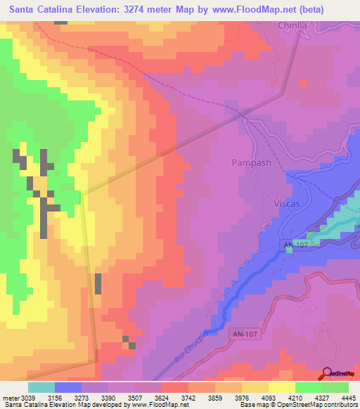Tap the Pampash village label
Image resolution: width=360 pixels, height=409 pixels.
[x=251, y=163]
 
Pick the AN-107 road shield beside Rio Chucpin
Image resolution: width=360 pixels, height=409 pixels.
[x=245, y=336]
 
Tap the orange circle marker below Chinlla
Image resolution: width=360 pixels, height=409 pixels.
[x=303, y=83]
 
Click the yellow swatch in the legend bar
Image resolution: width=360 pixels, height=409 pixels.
[x=281, y=387]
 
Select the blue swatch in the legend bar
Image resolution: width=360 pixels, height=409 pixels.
[x=68, y=387]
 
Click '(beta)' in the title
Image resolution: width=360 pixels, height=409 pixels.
[x=339, y=11]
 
